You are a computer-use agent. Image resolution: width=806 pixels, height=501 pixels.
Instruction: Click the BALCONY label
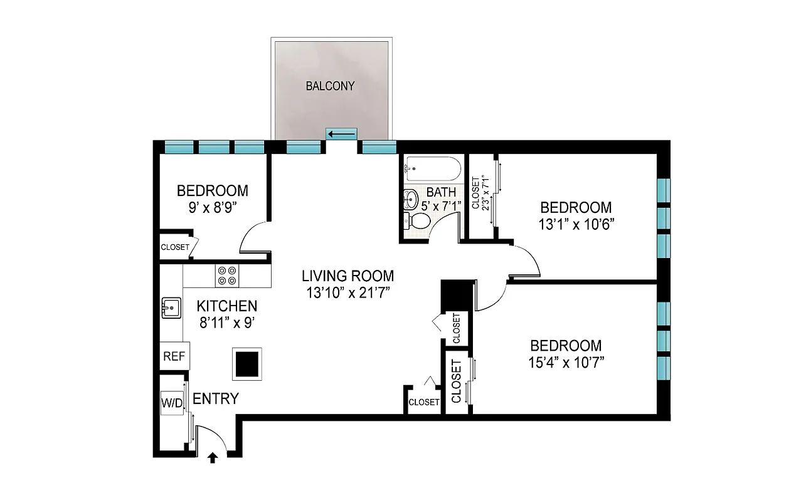[330, 86]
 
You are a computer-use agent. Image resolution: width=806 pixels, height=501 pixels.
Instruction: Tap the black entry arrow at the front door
[213, 458]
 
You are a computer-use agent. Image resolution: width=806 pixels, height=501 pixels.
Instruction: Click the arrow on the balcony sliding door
[341, 134]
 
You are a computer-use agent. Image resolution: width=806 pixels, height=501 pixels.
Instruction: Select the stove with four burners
[227, 276]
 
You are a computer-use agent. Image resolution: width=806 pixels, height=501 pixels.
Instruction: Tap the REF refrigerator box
[174, 356]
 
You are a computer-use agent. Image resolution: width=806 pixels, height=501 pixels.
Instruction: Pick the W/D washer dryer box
[171, 402]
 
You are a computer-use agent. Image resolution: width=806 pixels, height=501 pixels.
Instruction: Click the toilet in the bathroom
[418, 220]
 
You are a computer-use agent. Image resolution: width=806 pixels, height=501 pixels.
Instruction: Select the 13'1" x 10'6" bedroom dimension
[576, 224]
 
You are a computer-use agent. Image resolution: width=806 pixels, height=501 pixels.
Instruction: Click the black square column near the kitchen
[247, 363]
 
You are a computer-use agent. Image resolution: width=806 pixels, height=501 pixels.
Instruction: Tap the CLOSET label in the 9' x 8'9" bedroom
[175, 247]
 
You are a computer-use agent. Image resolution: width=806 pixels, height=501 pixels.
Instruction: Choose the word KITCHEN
[226, 306]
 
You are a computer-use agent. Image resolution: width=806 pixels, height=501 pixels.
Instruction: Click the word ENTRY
[215, 398]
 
